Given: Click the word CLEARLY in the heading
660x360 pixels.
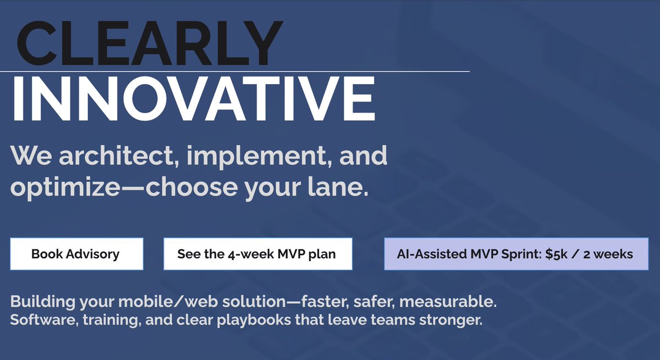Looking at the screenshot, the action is [x=150, y=43].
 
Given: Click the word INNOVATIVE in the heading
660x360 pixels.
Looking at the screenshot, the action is [x=194, y=98].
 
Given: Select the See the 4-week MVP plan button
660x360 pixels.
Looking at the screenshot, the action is [x=258, y=254].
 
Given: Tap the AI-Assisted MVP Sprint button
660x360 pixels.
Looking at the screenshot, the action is [x=516, y=254].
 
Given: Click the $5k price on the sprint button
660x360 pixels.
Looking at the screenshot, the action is [x=556, y=254].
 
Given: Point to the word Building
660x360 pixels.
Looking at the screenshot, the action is [x=43, y=302].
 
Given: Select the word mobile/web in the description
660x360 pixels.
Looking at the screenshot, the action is [x=168, y=301].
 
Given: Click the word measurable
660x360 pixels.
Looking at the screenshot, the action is [x=448, y=301].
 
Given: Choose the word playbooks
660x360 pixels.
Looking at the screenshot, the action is [x=254, y=320].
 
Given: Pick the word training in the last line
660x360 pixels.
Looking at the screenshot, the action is [x=111, y=320].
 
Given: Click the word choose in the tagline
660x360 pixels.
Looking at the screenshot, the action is [x=192, y=187].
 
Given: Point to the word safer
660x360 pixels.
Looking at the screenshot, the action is [x=374, y=301].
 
